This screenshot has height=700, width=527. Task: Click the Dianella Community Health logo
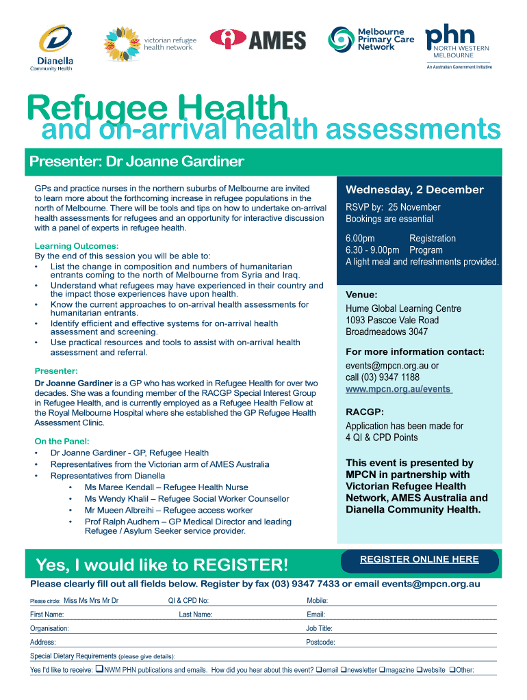(52, 47)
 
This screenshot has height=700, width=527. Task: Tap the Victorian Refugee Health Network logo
(150, 42)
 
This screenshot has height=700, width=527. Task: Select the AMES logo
(257, 40)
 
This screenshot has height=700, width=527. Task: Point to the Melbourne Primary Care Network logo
(372, 40)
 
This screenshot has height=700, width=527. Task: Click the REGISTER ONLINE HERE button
(419, 559)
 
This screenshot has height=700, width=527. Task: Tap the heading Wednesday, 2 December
(414, 189)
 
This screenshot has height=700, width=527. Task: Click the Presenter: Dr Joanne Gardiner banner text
(136, 162)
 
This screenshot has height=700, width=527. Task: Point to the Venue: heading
(361, 295)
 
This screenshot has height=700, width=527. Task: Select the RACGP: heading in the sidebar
(365, 412)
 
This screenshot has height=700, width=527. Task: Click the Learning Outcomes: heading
(77, 245)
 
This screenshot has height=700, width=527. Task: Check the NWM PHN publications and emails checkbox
(99, 670)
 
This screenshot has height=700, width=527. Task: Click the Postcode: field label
(320, 643)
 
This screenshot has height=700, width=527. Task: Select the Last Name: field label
(196, 615)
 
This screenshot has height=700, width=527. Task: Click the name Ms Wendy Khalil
(114, 499)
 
